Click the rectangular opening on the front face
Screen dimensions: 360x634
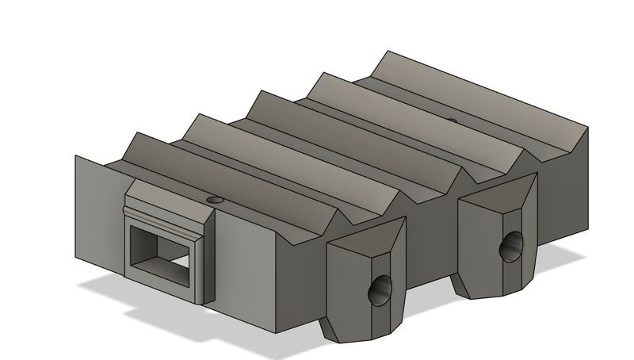(x=162, y=252)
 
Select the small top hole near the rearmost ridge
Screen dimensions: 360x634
(x=452, y=121)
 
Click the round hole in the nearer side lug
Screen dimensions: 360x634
(x=380, y=293)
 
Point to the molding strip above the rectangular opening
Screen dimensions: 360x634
(x=162, y=216)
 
